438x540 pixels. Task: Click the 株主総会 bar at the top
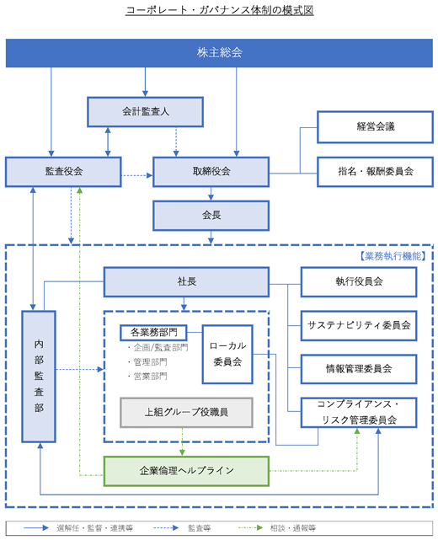click(219, 53)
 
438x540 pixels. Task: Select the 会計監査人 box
click(145, 112)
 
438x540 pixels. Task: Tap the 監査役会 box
click(63, 172)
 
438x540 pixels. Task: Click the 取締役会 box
click(211, 172)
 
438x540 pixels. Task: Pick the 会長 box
click(211, 216)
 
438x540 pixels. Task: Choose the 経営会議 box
click(375, 126)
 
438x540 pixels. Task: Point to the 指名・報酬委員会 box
click(375, 172)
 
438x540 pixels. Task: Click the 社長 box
click(186, 281)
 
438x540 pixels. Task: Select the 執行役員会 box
click(359, 281)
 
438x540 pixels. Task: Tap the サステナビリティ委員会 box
click(359, 325)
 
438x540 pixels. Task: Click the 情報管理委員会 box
click(359, 369)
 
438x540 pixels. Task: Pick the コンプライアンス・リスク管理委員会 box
click(359, 413)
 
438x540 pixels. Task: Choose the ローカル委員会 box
click(227, 354)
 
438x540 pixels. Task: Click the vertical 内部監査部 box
click(39, 377)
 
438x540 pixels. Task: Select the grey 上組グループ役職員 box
click(186, 413)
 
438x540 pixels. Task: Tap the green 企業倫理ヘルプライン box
click(186, 471)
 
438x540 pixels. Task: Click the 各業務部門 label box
click(153, 332)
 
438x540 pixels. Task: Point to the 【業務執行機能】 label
click(393, 256)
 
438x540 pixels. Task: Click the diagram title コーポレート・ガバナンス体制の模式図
click(219, 10)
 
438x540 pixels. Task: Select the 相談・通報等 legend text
click(292, 528)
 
